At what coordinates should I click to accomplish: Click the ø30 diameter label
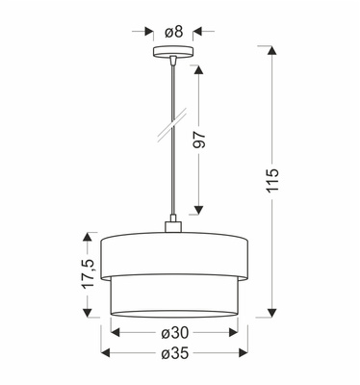(x=174, y=333)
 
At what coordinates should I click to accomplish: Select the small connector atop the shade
(x=174, y=227)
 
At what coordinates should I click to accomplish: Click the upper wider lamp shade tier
(x=174, y=252)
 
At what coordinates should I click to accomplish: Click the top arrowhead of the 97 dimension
(x=198, y=63)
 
